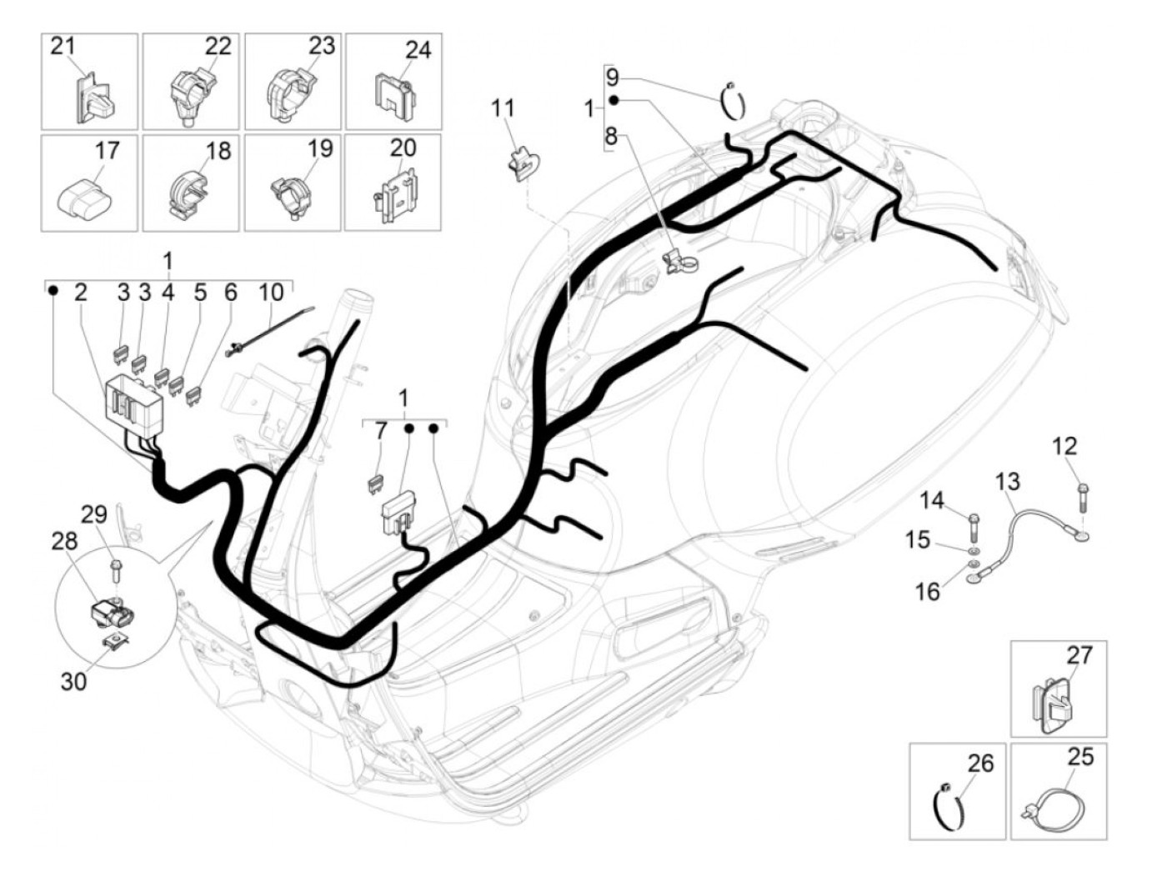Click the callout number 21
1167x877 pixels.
(63, 46)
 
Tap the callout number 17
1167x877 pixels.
(108, 151)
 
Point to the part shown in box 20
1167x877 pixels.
(393, 197)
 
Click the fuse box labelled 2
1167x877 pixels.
(137, 403)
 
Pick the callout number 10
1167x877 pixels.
(271, 293)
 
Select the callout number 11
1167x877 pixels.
(503, 108)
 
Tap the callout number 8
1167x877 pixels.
(611, 136)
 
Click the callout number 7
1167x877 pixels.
(381, 431)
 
